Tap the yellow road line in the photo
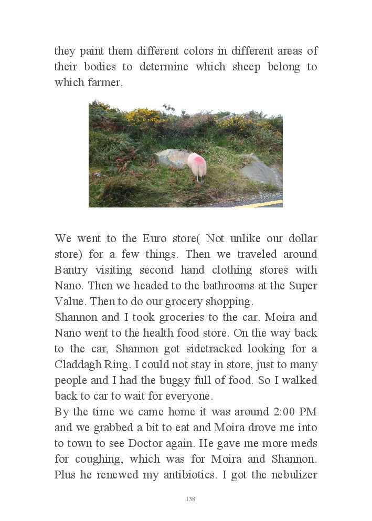point(262,204)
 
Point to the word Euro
point(155,238)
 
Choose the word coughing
point(103,459)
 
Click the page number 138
point(190,499)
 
